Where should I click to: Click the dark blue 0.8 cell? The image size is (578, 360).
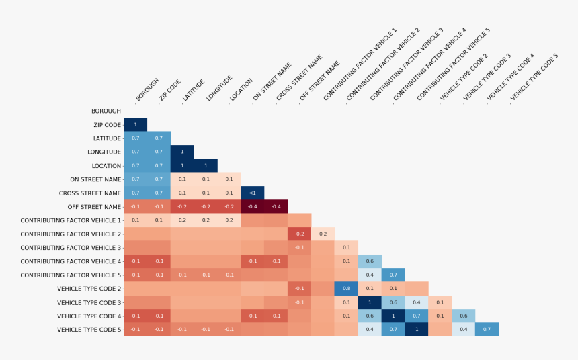pos(346,288)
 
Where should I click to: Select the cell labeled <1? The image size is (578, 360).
pos(253,193)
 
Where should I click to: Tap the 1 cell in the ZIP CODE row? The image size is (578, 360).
pos(135,124)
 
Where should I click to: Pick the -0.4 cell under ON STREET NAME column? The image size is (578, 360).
pos(253,206)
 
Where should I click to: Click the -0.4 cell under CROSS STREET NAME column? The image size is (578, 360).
pos(276,206)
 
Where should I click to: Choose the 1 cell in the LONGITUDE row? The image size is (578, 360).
pos(182,152)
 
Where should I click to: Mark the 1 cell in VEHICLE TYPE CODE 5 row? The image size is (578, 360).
pos(417,329)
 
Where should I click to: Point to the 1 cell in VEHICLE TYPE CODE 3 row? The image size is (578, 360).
pos(370,302)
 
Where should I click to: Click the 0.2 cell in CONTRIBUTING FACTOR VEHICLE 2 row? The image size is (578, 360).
pos(323,234)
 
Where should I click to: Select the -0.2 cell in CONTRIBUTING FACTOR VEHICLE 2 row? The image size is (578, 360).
pos(300,234)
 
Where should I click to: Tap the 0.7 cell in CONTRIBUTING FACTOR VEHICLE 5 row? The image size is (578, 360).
pos(393,275)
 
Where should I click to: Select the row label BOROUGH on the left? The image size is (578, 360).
pos(106,111)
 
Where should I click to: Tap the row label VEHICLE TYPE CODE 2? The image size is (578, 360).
pos(89,288)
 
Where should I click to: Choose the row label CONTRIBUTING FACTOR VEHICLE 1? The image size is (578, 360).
pos(71,220)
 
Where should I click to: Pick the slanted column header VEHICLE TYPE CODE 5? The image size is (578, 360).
pos(534,77)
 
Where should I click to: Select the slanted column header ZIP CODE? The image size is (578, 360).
pos(169,90)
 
